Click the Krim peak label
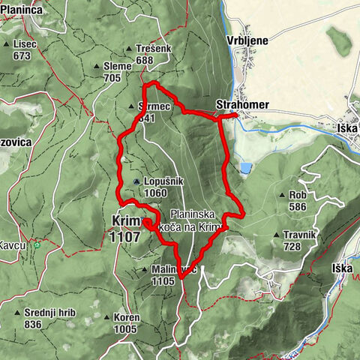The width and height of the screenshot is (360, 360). (x=124, y=220)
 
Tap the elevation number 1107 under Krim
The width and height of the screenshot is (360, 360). (x=124, y=235)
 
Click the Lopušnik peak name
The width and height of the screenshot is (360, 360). (x=160, y=181)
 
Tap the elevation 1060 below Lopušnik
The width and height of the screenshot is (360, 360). (x=156, y=192)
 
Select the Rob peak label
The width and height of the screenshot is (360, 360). (x=298, y=195)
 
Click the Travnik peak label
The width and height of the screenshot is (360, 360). (x=299, y=235)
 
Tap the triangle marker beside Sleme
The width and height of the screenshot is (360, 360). (x=97, y=67)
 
